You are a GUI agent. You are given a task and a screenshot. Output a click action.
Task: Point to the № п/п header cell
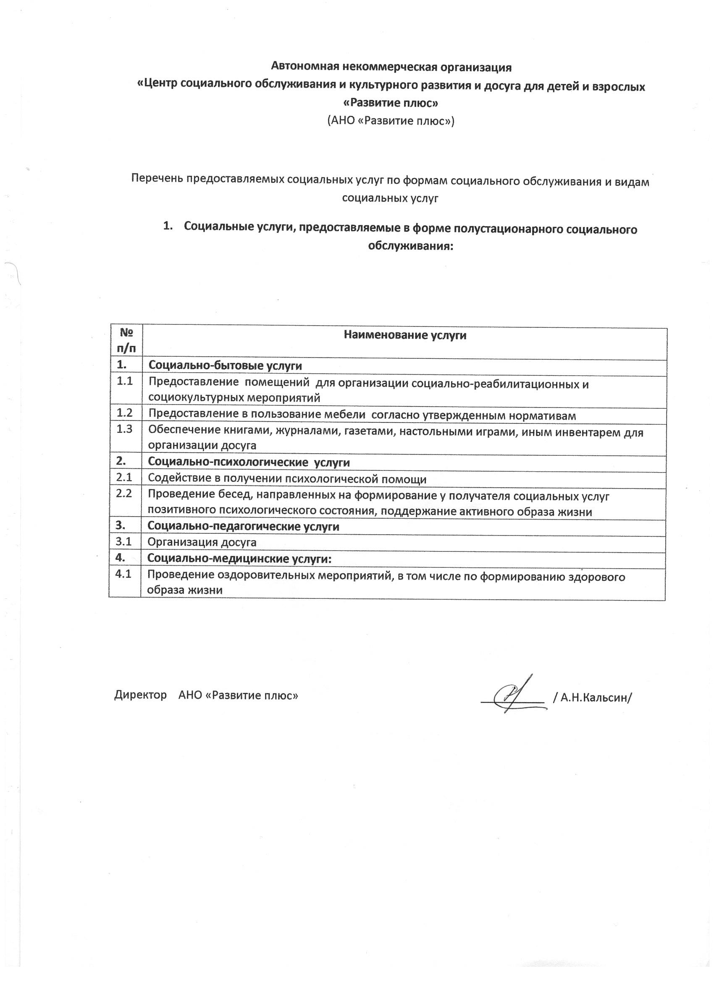coord(126,341)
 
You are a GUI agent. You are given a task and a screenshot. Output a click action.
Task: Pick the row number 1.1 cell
coord(125,381)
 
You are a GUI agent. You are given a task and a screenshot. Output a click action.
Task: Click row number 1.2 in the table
coord(125,413)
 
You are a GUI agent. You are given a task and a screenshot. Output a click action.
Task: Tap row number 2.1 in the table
coord(124,478)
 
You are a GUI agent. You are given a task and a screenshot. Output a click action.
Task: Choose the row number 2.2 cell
coord(124,493)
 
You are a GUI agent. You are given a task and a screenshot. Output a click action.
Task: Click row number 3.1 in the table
coord(124,542)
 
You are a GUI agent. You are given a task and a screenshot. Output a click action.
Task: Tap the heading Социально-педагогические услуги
coord(243,526)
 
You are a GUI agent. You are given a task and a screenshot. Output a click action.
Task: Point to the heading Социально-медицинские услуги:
coord(239,558)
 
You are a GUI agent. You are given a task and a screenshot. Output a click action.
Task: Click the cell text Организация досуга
coord(202,542)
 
